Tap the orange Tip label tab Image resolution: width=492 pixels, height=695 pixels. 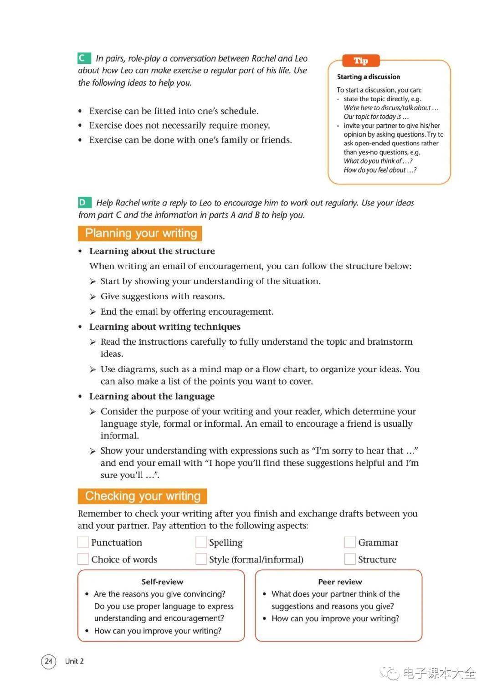pyautogui.click(x=361, y=61)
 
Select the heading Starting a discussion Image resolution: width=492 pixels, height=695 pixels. pyautogui.click(x=368, y=77)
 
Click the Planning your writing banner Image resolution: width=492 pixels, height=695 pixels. pyautogui.click(x=140, y=234)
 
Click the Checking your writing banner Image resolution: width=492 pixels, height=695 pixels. pyautogui.click(x=142, y=496)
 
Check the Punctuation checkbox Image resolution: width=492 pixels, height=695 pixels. pyautogui.click(x=83, y=542)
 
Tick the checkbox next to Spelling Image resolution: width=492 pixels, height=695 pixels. pyautogui.click(x=201, y=542)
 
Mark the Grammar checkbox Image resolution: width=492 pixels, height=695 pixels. pyautogui.click(x=350, y=542)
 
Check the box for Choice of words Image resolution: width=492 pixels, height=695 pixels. pyautogui.click(x=83, y=559)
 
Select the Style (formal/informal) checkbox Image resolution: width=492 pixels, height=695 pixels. pyautogui.click(x=201, y=559)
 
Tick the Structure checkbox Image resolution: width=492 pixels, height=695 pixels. pyautogui.click(x=350, y=559)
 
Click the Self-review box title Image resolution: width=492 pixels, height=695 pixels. pyautogui.click(x=162, y=582)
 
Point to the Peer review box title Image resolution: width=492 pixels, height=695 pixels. pyautogui.click(x=340, y=582)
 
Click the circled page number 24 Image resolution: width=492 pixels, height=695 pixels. pyautogui.click(x=49, y=661)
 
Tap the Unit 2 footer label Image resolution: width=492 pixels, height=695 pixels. pyautogui.click(x=74, y=661)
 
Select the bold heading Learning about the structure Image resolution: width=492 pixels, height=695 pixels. pyautogui.click(x=152, y=251)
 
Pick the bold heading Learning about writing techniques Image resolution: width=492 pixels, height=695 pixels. pyautogui.click(x=164, y=327)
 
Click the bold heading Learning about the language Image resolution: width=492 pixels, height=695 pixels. pyautogui.click(x=152, y=396)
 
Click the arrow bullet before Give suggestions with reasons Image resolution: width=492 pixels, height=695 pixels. pyautogui.click(x=93, y=297)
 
